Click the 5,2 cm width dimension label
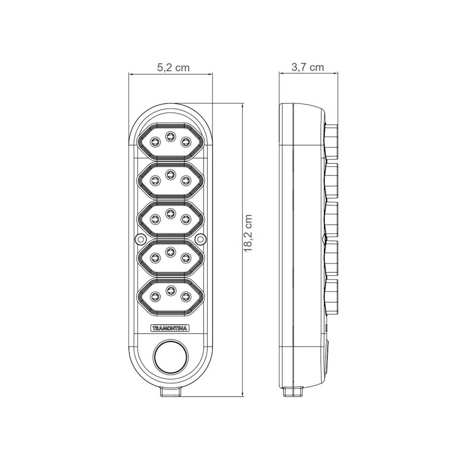173,67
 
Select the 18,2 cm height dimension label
248,233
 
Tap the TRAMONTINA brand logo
170,328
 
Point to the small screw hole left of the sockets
138,239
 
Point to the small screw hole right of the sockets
199,239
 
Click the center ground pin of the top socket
170,136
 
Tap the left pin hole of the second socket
154,180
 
